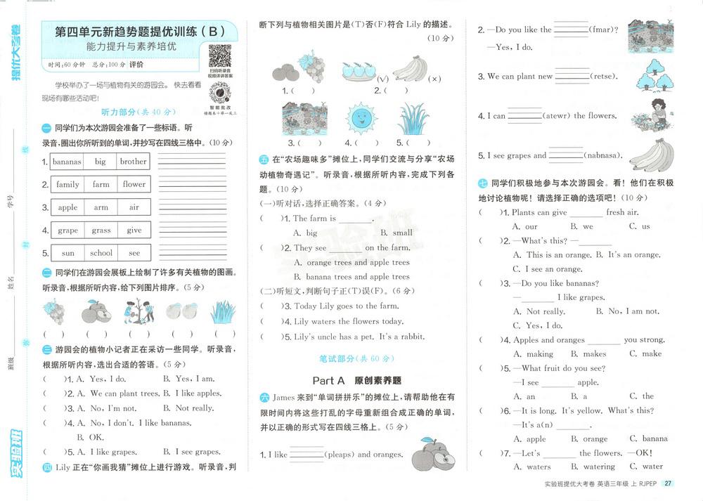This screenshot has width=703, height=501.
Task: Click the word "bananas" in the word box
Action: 67,162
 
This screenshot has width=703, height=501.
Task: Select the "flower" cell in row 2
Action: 134,185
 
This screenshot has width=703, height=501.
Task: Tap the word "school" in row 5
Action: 101,253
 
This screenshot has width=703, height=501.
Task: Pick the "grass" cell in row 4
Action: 101,230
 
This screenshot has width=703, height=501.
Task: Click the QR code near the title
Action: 220,56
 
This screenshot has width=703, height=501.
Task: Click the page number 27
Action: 668,483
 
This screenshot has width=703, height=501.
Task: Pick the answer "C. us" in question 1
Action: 640,226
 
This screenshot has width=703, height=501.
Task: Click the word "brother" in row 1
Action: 134,162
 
